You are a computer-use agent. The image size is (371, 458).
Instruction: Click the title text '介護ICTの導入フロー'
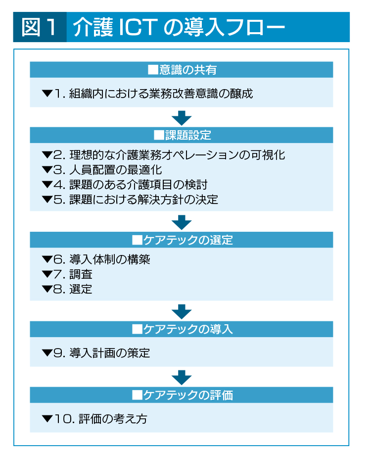(179, 27)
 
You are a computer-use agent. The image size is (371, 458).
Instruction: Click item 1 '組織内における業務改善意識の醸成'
(147, 94)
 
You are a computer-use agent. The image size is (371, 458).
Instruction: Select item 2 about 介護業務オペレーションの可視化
(163, 155)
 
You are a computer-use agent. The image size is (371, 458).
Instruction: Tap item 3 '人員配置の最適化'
(102, 170)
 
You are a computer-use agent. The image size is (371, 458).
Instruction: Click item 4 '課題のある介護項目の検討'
(125, 185)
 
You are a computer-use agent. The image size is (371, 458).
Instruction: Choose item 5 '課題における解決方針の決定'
(130, 200)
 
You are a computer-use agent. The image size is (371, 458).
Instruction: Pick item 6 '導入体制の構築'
(96, 259)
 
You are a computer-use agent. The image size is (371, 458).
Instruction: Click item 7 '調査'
(67, 274)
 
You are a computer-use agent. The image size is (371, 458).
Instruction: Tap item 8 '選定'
(67, 289)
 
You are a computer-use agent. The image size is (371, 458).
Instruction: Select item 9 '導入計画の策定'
(96, 353)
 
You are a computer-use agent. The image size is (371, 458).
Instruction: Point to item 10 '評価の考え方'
(94, 419)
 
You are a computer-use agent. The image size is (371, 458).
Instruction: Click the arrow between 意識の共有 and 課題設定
(182, 118)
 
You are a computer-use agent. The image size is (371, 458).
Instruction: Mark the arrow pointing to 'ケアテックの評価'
(182, 377)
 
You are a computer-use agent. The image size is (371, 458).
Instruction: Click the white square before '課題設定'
(159, 135)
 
